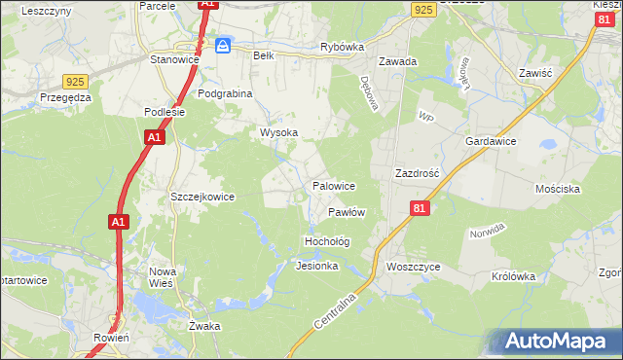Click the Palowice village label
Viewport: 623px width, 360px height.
coord(333,185)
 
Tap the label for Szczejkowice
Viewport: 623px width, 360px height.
coord(202,197)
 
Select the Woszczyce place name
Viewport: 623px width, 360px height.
coord(413,267)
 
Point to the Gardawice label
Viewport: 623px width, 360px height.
coord(491,141)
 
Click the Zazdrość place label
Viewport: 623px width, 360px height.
coord(418,172)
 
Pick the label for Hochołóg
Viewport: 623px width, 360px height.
coord(327,240)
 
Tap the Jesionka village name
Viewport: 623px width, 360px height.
coord(316,266)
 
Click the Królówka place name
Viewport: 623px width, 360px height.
coord(514,276)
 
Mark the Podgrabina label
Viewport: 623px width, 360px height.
coord(225,93)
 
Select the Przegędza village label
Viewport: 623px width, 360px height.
coord(65,97)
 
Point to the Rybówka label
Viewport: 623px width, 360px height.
coord(342,47)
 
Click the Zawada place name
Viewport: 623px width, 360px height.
coord(398,61)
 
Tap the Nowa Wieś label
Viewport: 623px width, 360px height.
coord(162,278)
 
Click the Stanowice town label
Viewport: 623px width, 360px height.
coord(174,59)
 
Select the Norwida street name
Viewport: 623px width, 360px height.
coord(488,232)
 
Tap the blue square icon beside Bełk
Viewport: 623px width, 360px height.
coord(224,45)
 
